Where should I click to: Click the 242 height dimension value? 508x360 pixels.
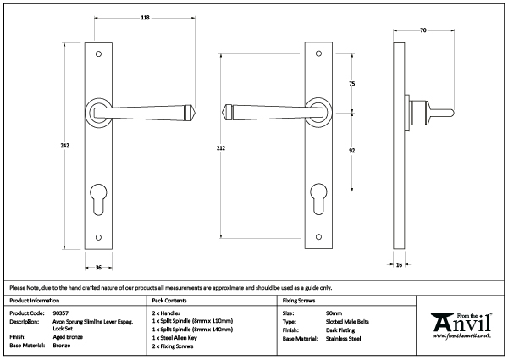(x=64, y=146)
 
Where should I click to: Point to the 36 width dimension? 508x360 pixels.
(x=98, y=269)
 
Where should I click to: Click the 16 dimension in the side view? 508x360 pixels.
(x=399, y=265)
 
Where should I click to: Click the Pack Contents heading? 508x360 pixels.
(x=169, y=301)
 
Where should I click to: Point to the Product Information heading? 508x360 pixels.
(x=34, y=301)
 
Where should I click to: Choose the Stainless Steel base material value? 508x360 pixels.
(x=345, y=337)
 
